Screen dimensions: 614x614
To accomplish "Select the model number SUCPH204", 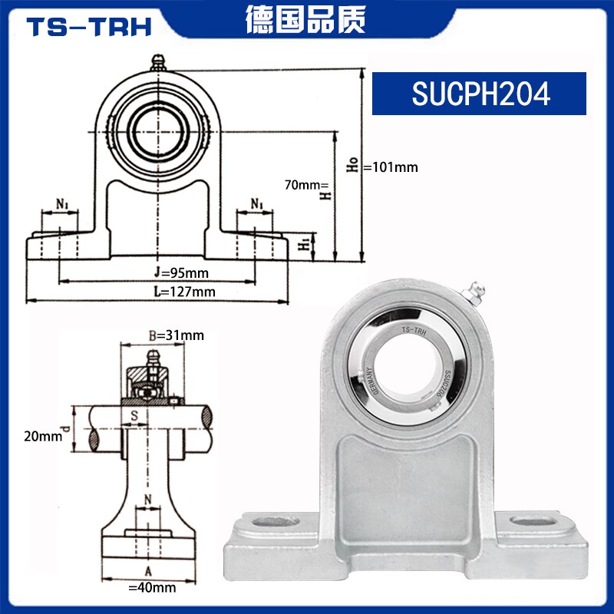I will [x=480, y=94].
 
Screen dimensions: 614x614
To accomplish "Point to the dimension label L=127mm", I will [x=183, y=291].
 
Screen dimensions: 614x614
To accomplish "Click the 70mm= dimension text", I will [x=306, y=185].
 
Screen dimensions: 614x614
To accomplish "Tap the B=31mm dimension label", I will [x=176, y=335].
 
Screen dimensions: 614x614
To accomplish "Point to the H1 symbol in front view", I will [x=304, y=244].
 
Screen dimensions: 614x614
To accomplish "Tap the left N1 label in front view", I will [x=63, y=205].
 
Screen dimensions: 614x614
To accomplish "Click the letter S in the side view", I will [x=135, y=416].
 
